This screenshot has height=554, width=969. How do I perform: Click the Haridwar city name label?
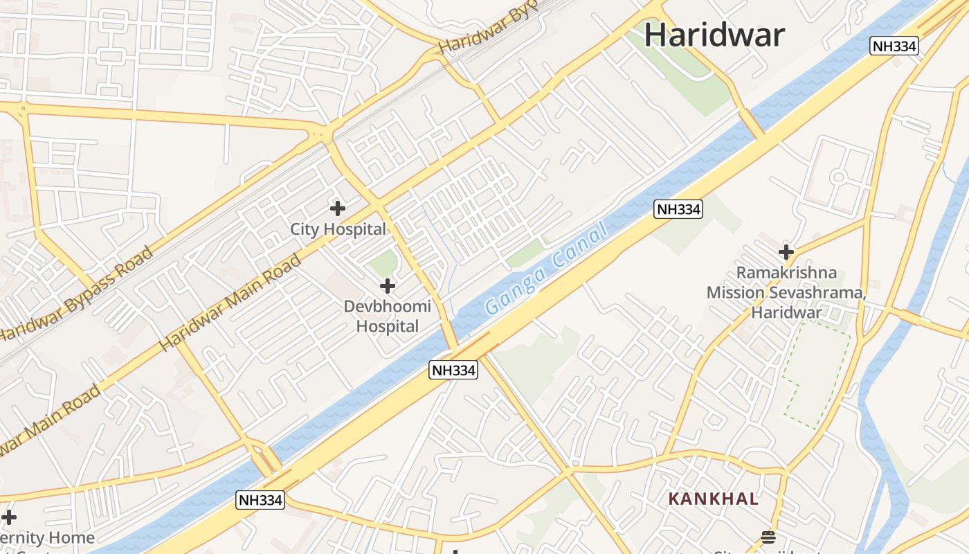pos(714,35)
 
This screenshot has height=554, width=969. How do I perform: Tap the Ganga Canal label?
pos(546,269)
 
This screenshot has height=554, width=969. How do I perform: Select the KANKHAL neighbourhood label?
pos(713,499)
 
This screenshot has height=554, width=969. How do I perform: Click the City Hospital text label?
pos(338,229)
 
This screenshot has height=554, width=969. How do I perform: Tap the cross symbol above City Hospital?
pos(338,208)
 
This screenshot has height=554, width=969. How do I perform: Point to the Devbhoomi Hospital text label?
pos(388,316)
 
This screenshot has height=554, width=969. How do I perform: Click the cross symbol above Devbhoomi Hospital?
pos(388,285)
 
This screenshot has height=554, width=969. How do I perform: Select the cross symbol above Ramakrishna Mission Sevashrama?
pos(786,251)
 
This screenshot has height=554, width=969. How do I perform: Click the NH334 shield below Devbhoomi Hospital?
pos(453,370)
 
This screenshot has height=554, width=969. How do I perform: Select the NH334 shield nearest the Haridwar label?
pos(894,46)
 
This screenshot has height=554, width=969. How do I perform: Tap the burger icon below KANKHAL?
pos(768,537)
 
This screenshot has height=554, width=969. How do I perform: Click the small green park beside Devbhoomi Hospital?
pos(383,263)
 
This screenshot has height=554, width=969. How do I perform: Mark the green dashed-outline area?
pos(817,374)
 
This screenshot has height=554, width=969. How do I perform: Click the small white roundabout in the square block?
pos(838,177)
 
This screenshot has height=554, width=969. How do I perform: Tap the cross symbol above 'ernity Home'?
pos(8,517)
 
